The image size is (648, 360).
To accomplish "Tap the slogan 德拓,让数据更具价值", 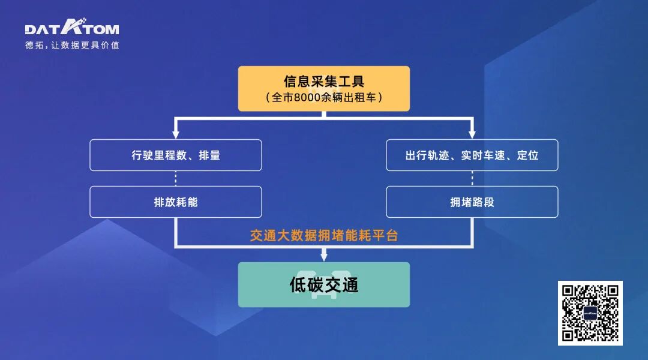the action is tap(72, 45).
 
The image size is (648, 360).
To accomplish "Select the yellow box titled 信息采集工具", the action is tap(323, 88).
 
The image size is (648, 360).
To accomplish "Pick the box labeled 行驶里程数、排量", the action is tap(176, 155).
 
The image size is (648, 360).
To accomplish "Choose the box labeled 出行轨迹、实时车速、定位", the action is tap(472, 155).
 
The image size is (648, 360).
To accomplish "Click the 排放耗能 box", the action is tap(176, 202).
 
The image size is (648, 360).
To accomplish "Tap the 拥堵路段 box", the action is tap(472, 202).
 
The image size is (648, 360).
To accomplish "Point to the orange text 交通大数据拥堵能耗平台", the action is tap(323, 235).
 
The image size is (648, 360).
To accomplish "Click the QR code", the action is tap(590, 313).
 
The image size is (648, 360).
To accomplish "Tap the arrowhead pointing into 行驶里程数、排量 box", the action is tap(176, 134).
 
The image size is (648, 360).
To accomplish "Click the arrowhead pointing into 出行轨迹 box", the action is tap(472, 134).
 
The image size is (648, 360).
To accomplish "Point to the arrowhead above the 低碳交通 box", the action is tap(323, 257).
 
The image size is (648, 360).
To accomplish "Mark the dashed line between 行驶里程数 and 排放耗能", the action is tap(176, 178).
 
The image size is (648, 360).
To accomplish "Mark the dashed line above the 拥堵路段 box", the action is tap(472, 178).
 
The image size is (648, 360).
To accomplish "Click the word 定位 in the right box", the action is tap(527, 155).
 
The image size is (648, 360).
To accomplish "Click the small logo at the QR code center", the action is tap(590, 313).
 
